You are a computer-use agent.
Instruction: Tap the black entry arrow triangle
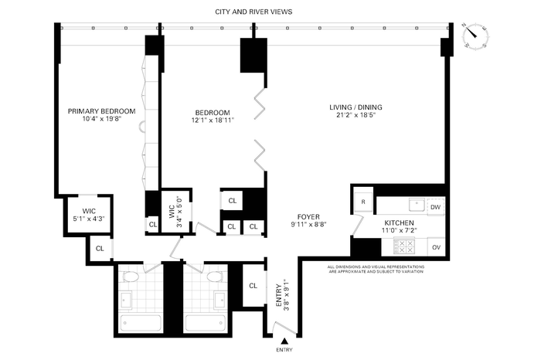[x=284, y=341]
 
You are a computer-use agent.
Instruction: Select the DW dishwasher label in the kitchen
[x=436, y=207]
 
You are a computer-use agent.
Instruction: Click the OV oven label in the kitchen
[x=436, y=247]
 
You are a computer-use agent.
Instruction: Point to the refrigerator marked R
[x=363, y=202]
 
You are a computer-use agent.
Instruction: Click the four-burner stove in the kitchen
[x=404, y=246]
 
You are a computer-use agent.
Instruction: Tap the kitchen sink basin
[x=417, y=205]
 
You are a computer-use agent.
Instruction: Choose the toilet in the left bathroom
[x=131, y=277]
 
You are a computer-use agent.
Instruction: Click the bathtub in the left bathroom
[x=141, y=324]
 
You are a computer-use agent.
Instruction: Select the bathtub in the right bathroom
[x=206, y=324]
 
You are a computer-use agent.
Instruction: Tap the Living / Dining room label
[x=356, y=107]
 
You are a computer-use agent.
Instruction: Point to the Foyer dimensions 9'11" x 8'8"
[x=309, y=224]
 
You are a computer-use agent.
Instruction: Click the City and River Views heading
[x=253, y=12]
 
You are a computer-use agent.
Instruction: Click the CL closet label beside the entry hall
[x=253, y=286]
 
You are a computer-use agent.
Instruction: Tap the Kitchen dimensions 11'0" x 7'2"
[x=400, y=230]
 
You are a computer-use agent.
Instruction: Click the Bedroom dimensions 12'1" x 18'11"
[x=213, y=121]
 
